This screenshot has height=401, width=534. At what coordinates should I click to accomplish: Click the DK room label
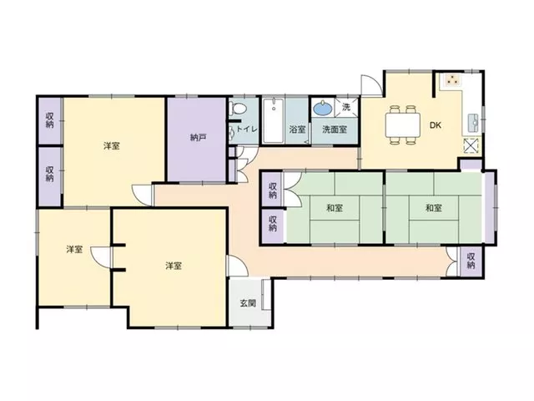point(436,125)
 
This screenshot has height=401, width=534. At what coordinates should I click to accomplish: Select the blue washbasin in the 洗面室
point(323,109)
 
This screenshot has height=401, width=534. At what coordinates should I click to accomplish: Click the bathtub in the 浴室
point(274,120)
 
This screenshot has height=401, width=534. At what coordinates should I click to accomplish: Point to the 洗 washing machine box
point(346,107)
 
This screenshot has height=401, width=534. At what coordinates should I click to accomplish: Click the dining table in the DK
point(402,124)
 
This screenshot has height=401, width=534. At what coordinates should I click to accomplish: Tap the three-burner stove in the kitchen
point(452,80)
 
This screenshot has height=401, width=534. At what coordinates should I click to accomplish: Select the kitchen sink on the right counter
point(473,123)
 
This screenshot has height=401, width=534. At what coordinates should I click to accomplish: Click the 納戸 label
point(198,137)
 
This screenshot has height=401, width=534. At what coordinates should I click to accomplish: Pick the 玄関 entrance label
point(248,302)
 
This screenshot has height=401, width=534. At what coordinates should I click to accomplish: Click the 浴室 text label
point(297,129)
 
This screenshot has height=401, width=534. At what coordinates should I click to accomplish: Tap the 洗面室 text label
point(335,129)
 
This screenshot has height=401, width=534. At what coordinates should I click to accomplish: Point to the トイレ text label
point(247,129)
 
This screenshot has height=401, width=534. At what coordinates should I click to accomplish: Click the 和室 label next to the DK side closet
point(434,208)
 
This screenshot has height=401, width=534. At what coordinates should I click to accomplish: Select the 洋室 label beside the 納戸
point(111,146)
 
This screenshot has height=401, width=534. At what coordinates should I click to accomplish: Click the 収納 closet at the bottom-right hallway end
point(471,261)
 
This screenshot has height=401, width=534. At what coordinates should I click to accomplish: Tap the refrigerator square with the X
point(472,146)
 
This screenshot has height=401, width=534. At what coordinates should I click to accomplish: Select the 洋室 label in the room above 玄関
point(174,266)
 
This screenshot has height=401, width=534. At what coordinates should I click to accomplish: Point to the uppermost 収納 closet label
point(50,120)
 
